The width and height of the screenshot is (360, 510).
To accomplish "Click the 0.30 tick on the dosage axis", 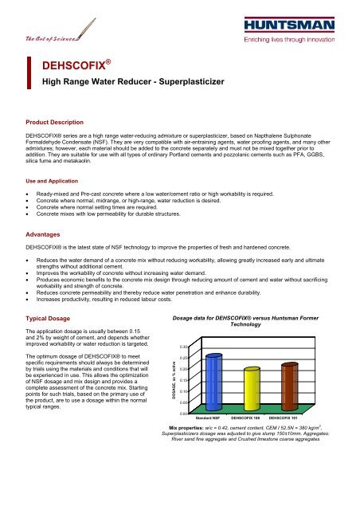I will (183, 347).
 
